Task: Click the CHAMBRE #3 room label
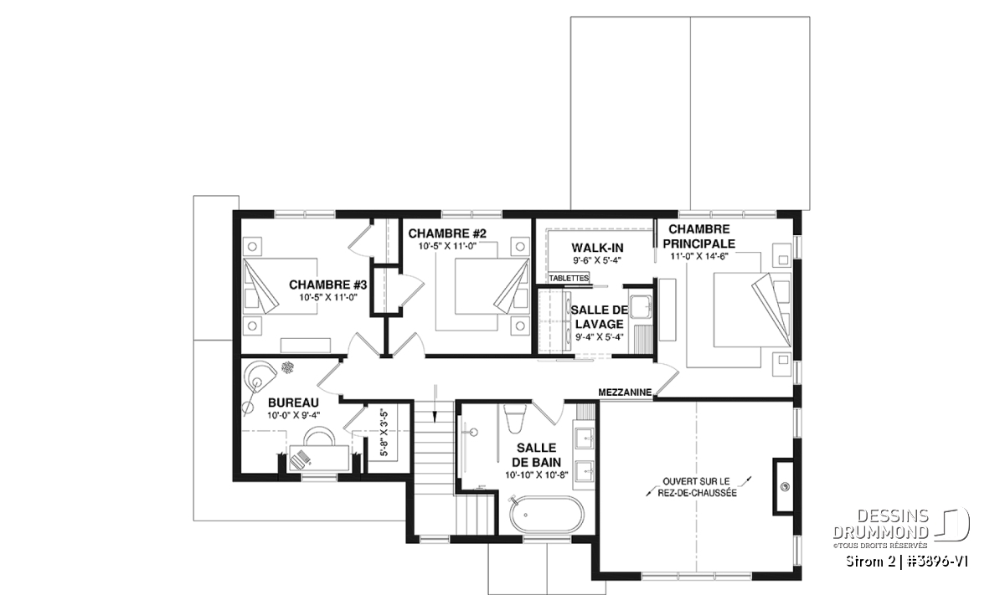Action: point(327,285)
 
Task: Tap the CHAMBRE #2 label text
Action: point(447,233)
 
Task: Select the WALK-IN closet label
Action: point(597,248)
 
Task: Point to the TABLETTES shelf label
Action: point(569,278)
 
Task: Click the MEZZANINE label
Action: point(625,392)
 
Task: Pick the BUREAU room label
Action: point(293,403)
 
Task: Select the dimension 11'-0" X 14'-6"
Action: point(699,256)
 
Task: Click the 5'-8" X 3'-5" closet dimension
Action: point(384,432)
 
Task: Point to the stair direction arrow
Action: point(435,403)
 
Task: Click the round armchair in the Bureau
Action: point(260,377)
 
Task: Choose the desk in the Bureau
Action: point(319,458)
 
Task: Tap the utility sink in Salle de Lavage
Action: point(642,306)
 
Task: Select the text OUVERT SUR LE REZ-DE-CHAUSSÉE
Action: point(697,487)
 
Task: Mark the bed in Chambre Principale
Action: point(752,310)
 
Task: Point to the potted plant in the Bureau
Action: point(287,367)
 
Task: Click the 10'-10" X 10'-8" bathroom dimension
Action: point(537,474)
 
